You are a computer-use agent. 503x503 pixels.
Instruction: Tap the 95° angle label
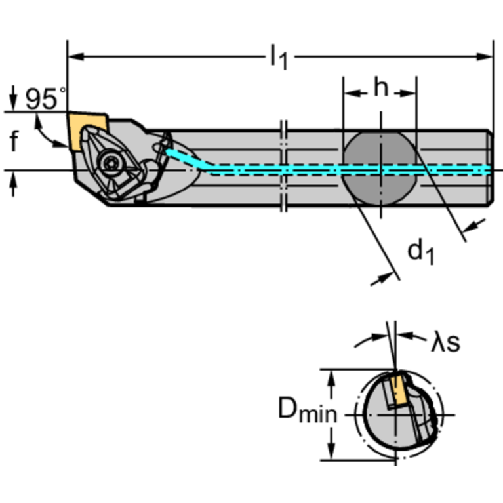click(45, 99)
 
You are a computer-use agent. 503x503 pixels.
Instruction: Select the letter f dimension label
click(14, 141)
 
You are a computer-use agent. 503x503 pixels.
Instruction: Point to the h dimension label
click(380, 88)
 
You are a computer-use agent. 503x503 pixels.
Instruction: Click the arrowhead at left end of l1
click(73, 57)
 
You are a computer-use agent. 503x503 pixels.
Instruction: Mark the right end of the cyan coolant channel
click(487, 170)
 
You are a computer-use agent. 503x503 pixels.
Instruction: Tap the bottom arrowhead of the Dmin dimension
click(332, 454)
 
